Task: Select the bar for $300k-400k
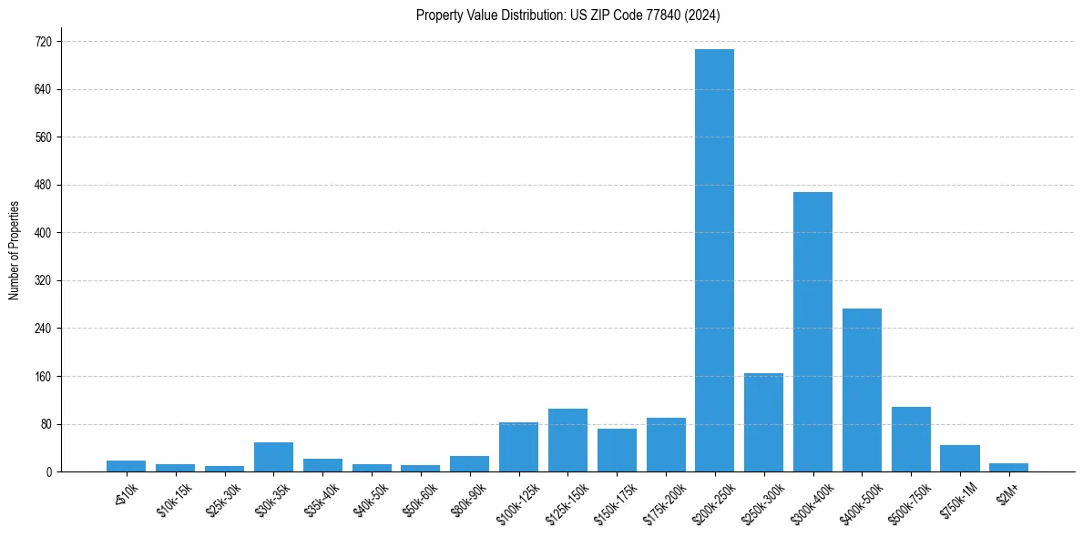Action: (812, 332)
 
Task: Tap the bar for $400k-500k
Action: (862, 390)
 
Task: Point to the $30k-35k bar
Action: (273, 457)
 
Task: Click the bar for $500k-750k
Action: (911, 440)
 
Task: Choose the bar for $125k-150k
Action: (567, 441)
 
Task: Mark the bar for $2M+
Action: (1008, 467)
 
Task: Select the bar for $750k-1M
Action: (960, 458)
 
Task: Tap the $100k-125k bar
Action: (518, 447)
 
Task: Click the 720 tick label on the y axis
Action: (43, 42)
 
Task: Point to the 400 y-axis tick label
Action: (43, 233)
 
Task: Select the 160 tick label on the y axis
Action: (43, 377)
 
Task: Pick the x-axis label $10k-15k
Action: (176, 497)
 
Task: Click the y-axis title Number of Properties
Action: (14, 250)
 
